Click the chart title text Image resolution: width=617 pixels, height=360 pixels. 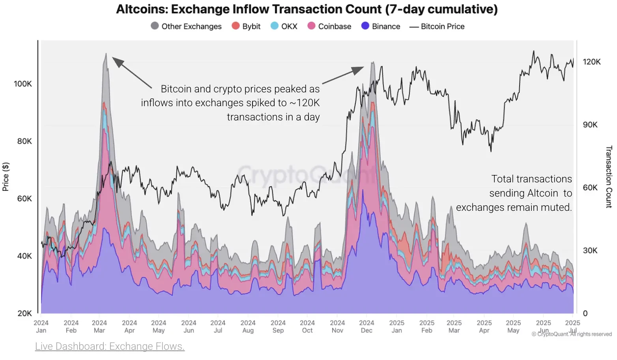coord(307,9)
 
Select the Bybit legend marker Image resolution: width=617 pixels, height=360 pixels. coord(236,26)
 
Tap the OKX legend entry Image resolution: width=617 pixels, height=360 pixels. coord(284,26)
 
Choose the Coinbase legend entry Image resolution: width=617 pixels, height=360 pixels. coord(329,26)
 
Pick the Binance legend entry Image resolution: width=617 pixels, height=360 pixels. coord(381,26)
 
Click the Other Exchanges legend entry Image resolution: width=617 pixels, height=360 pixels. coord(186,26)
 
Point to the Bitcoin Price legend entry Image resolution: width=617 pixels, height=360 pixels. coord(437,26)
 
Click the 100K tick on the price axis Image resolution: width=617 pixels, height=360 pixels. coord(23,84)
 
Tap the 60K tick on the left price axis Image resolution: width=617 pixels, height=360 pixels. coord(24,199)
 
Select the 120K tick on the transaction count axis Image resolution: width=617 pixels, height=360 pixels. coord(592,62)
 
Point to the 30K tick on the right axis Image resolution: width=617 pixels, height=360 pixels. coord(590,250)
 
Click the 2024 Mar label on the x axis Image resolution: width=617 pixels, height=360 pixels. coord(99,326)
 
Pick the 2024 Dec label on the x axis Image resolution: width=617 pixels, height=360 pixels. coord(366,326)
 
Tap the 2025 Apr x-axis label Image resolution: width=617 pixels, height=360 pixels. coord(484,326)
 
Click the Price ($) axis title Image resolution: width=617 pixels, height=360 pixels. coord(6,177)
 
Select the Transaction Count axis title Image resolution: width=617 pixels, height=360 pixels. coord(609,177)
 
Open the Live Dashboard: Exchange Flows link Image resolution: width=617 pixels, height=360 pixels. coord(110,346)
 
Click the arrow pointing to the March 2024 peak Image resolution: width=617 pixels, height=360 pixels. coord(132,72)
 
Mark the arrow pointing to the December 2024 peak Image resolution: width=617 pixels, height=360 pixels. coord(343,75)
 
